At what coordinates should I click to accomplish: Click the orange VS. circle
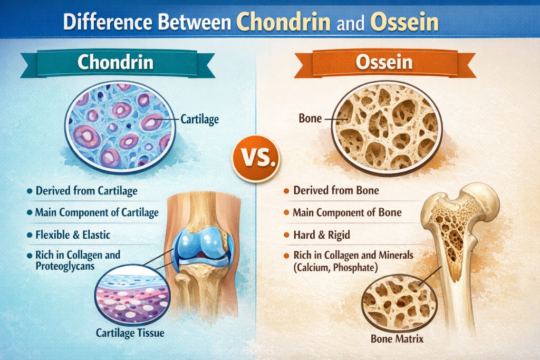(256, 159)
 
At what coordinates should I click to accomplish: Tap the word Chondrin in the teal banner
(115, 62)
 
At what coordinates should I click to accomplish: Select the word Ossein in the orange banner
(384, 62)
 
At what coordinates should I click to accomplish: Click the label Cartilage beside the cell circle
(200, 120)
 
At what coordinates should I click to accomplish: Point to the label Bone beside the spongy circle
(310, 119)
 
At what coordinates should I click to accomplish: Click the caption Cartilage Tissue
(130, 333)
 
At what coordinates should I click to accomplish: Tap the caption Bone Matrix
(397, 339)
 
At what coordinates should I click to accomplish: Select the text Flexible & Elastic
(73, 235)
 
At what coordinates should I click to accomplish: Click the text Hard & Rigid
(322, 235)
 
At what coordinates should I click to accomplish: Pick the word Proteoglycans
(65, 266)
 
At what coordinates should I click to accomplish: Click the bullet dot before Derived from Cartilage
(30, 191)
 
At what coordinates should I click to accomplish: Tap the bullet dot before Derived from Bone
(286, 191)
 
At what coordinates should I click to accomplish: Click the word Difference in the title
(108, 22)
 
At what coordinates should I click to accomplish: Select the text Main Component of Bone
(347, 213)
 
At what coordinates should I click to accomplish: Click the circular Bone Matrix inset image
(399, 303)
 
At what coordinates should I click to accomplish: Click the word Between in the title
(195, 22)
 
